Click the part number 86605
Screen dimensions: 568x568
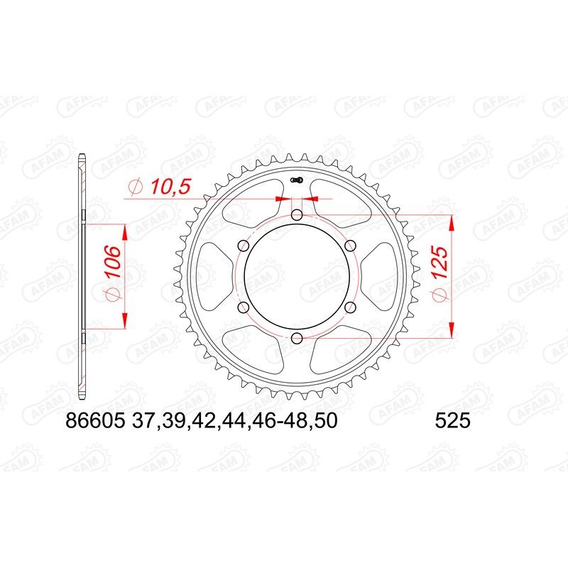(92, 422)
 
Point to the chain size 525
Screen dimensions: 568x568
(451, 422)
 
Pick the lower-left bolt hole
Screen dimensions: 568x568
(244, 307)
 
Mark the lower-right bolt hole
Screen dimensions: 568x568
(351, 307)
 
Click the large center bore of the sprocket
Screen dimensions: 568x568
(297, 276)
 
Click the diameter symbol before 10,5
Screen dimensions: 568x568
(135, 187)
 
